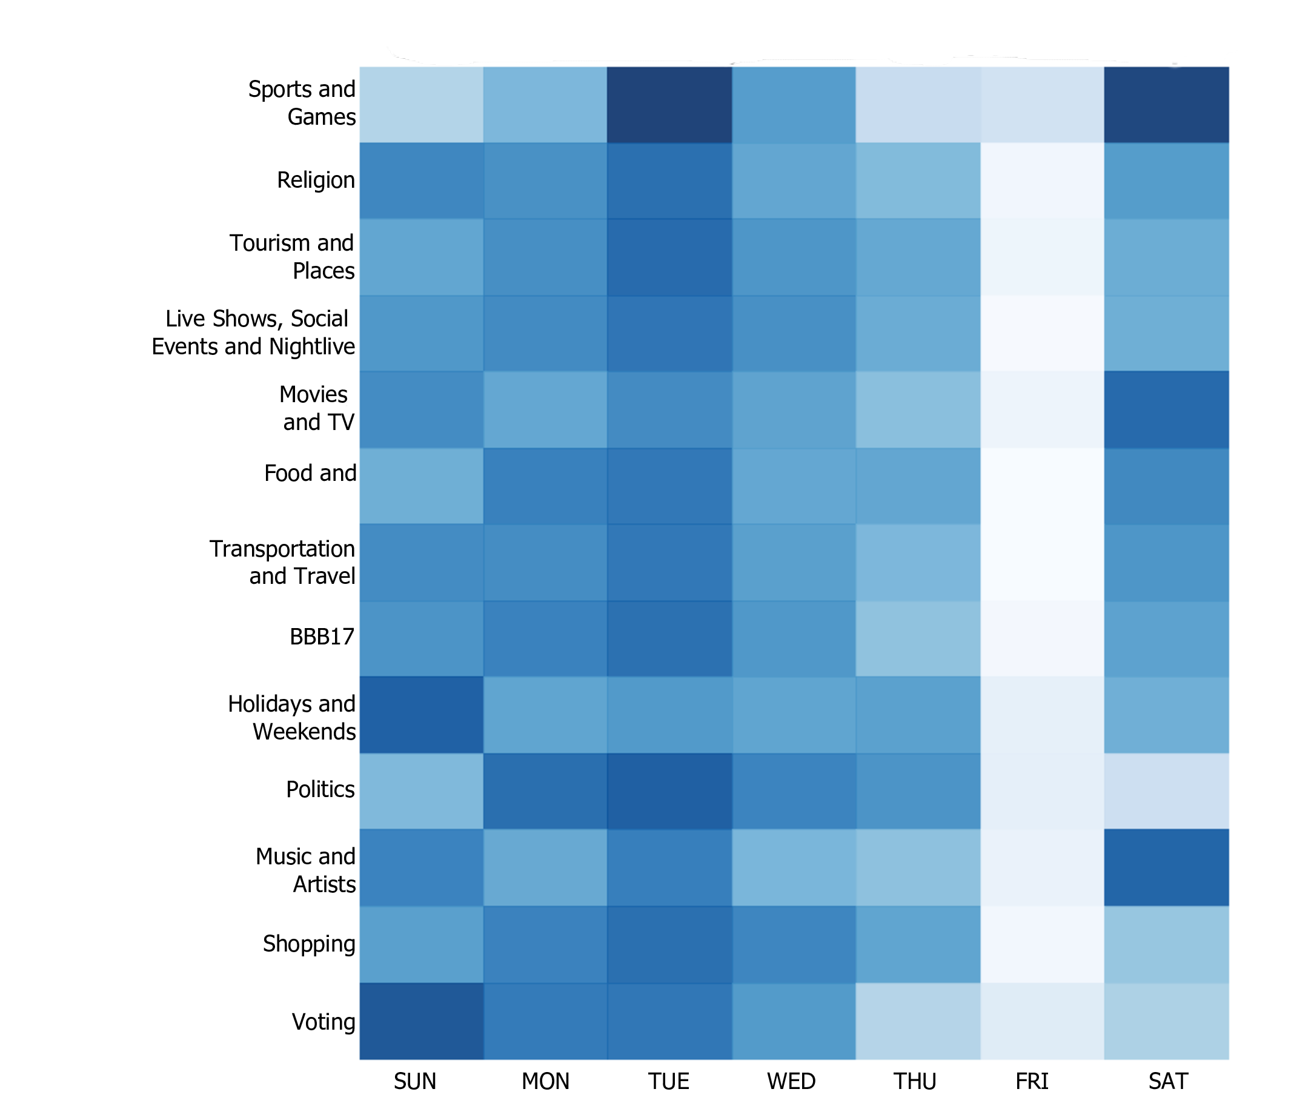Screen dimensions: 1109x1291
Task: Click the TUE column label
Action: [668, 1081]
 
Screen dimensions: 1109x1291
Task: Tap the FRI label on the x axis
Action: [1032, 1081]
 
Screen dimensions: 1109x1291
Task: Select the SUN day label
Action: [414, 1081]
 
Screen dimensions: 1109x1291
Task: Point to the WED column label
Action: [791, 1081]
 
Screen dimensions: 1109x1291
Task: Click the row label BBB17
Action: [322, 637]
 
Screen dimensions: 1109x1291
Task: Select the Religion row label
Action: [315, 180]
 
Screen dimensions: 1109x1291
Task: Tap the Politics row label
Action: [320, 789]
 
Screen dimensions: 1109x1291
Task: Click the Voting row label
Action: [323, 1022]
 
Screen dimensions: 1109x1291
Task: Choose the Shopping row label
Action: [308, 944]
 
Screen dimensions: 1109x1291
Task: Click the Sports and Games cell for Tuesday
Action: [669, 105]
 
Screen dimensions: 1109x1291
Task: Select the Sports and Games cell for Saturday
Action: [1166, 105]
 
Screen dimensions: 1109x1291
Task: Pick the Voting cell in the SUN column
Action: [421, 1021]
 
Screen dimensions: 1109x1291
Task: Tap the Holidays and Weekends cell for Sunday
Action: [421, 715]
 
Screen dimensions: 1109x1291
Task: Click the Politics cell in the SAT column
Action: [1166, 791]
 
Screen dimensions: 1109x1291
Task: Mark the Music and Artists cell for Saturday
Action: [1166, 867]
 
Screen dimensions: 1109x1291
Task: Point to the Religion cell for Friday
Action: [1042, 180]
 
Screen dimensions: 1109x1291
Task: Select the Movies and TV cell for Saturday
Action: [1166, 410]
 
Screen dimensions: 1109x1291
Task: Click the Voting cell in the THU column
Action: [917, 1021]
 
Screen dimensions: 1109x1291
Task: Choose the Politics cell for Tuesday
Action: [669, 791]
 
